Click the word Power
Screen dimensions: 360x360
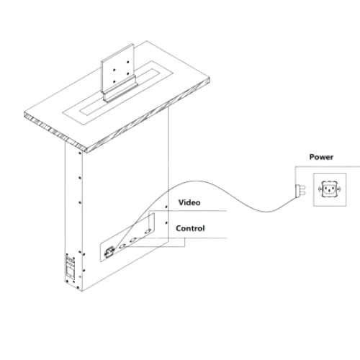(321, 157)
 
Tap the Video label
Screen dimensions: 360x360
(189, 202)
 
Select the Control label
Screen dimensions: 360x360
(190, 228)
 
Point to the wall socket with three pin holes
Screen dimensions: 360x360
(330, 189)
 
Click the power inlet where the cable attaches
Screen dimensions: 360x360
(109, 252)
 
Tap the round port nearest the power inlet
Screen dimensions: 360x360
(122, 246)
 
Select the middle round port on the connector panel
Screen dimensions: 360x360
(133, 240)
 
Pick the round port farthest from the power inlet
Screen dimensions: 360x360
(148, 231)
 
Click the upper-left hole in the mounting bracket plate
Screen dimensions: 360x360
(114, 70)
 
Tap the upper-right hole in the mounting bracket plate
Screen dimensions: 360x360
(128, 62)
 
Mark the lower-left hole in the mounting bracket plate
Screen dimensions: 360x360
(114, 81)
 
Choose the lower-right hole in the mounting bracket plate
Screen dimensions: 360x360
(128, 73)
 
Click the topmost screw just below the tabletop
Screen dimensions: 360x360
(80, 153)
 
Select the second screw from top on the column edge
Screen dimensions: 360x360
(80, 178)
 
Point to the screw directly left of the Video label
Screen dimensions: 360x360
(166, 207)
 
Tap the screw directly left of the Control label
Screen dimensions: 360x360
(166, 223)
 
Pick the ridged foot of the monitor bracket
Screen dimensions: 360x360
(120, 91)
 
